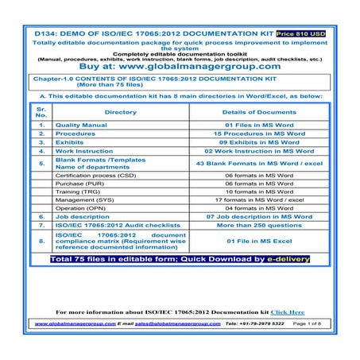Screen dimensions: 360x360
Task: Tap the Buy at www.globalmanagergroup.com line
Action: point(179,68)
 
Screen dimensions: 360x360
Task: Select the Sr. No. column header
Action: point(41,113)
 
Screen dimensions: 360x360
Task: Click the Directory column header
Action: point(120,113)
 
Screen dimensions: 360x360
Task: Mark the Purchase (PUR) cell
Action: point(78,184)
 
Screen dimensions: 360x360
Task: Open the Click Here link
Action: point(288,312)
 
